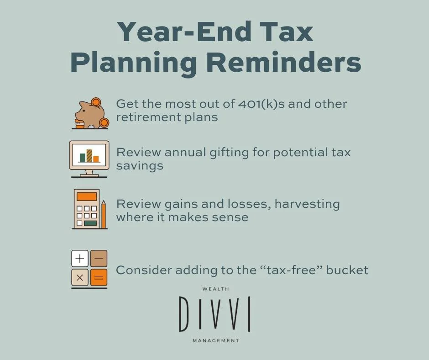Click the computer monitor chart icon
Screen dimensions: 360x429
(x=89, y=158)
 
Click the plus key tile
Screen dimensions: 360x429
(x=80, y=259)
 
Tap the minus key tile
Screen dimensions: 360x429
(x=99, y=259)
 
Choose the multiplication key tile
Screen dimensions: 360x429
(x=80, y=277)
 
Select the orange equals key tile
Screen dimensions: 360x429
(x=99, y=277)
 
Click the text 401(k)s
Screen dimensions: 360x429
(x=262, y=104)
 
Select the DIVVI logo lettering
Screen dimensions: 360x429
(x=214, y=314)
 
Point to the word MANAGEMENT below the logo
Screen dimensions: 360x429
(x=215, y=340)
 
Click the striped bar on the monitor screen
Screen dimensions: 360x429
(x=89, y=155)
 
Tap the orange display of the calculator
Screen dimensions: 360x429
(x=87, y=196)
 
